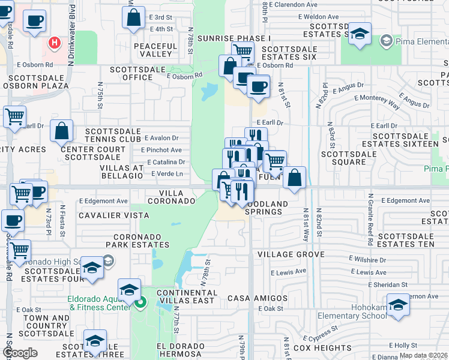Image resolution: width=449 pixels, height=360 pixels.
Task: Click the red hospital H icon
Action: coord(55,43)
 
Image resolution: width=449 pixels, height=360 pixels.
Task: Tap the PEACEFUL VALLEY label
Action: coord(156,50)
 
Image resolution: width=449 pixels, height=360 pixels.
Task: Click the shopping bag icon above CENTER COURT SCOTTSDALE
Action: coord(62,130)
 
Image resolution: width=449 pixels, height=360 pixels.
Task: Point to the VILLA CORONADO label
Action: coord(177,197)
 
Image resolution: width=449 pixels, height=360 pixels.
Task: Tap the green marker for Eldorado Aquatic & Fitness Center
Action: coord(140,302)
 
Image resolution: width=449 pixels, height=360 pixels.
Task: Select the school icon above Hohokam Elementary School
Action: coord(397,306)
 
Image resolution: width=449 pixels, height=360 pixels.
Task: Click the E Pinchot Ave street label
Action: coord(161,150)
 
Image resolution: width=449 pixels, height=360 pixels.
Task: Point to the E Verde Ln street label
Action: coord(166,174)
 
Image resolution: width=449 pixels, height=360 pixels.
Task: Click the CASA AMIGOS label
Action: coord(258,298)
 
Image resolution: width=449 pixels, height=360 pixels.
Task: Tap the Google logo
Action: coord(20,353)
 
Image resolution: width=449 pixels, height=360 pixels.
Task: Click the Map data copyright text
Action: coord(423,355)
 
